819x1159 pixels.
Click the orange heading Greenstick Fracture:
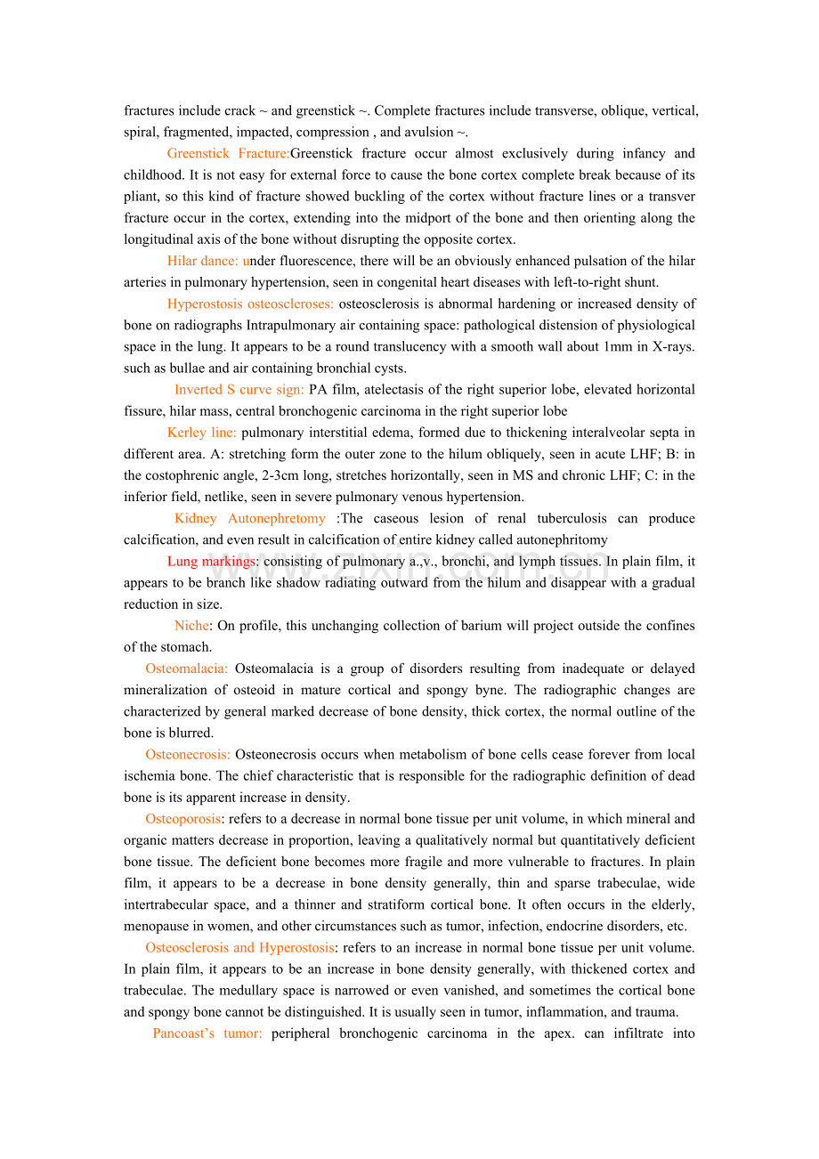228,154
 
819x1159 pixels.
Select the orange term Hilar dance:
203,261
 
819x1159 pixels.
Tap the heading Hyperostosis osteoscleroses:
250,304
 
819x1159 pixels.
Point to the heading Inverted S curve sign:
239,389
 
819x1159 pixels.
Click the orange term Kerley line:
201,433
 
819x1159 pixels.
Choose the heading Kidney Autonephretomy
249,518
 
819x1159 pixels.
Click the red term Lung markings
211,561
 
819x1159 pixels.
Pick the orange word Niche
191,626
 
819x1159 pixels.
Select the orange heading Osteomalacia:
186,669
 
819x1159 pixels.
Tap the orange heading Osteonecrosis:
188,754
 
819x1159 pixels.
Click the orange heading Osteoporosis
182,819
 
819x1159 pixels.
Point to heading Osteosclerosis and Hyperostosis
239,947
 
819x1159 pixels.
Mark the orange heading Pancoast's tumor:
207,1033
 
